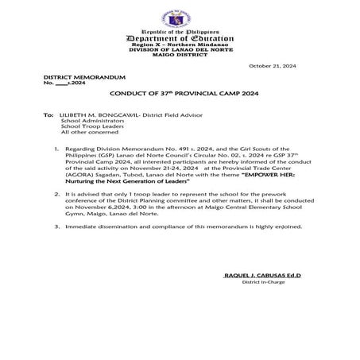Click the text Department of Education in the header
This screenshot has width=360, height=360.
(x=180, y=38)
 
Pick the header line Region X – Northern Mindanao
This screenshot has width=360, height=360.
(x=179, y=45)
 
